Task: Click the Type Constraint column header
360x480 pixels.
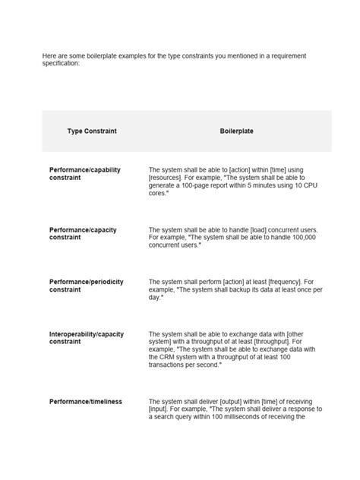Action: (x=92, y=131)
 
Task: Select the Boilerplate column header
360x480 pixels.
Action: (x=236, y=131)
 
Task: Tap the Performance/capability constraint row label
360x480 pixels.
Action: (x=85, y=174)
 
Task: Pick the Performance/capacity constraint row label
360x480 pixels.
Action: (x=83, y=234)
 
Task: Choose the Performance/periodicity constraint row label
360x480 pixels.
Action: (x=86, y=286)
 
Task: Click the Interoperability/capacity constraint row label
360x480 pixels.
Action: (x=86, y=337)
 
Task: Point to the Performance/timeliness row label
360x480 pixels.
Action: (x=86, y=401)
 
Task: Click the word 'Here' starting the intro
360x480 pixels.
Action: (x=49, y=56)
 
